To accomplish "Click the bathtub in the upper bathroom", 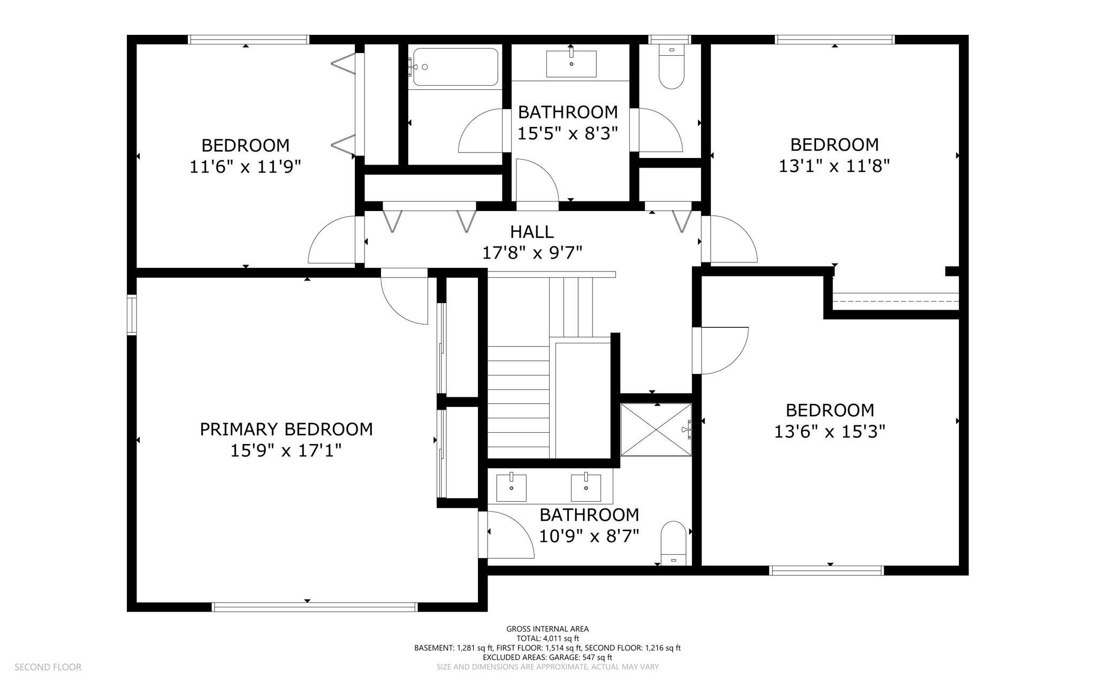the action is [455, 67].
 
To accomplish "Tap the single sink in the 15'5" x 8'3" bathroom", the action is [571, 64].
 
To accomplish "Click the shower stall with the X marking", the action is [656, 430].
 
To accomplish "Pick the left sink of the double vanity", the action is [511, 487].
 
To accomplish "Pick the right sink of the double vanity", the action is [586, 487].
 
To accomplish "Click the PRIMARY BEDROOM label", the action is [286, 429].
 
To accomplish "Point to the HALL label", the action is [532, 232].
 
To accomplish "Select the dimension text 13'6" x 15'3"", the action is [829, 432].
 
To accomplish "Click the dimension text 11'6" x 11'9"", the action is [245, 167].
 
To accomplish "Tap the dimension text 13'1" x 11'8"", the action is [834, 166].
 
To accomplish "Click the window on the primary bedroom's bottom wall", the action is [315, 607].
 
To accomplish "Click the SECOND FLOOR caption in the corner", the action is [48, 667].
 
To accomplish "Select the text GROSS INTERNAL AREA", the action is [547, 629].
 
